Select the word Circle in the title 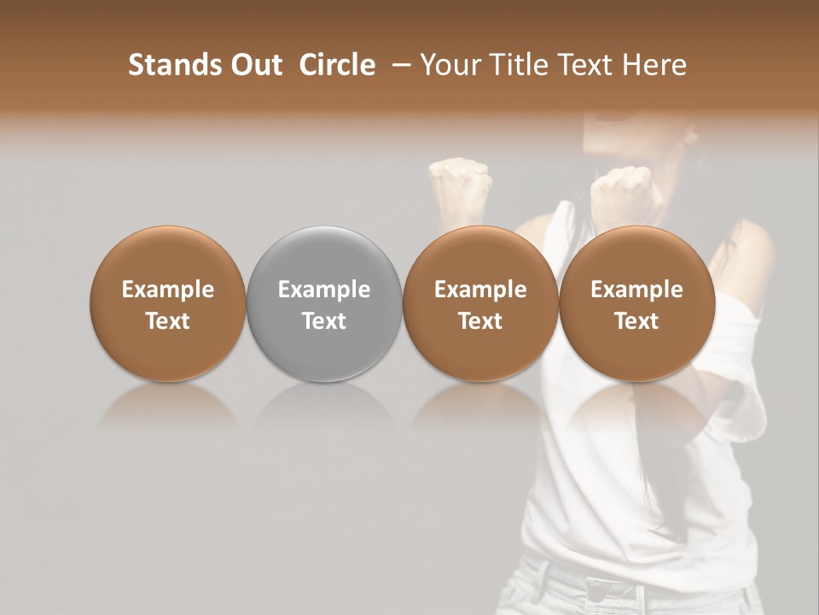point(337,65)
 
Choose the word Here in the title point(655,65)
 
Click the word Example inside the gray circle point(324,290)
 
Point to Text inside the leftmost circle point(167,321)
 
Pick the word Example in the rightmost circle point(636,290)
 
